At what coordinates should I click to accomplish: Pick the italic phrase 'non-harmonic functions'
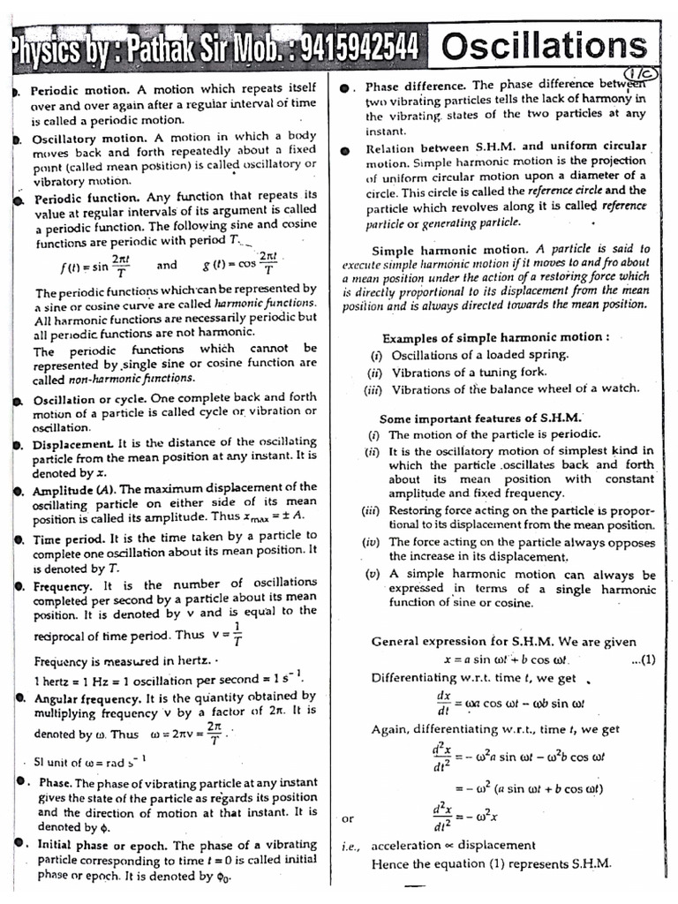(x=131, y=378)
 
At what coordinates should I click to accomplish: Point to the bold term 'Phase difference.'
(x=417, y=86)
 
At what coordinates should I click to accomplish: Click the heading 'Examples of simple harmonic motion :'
(x=495, y=338)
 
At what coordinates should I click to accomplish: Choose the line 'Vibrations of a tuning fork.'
(x=469, y=372)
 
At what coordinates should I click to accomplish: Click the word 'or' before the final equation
(x=348, y=818)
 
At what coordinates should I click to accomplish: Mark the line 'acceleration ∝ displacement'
(x=453, y=845)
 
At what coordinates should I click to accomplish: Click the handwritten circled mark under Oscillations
(x=637, y=74)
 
